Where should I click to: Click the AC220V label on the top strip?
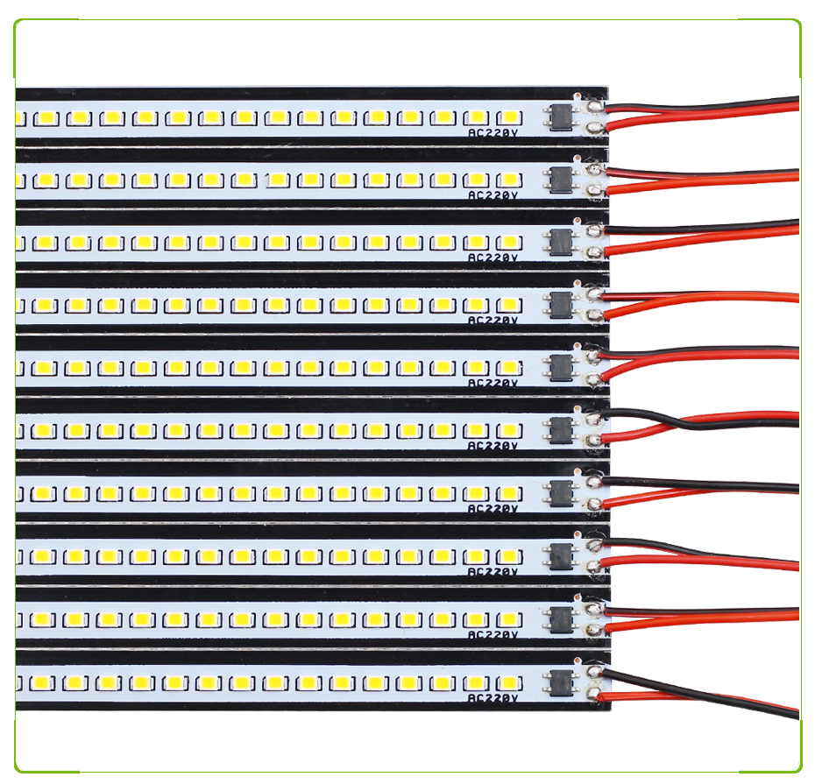pyautogui.click(x=493, y=133)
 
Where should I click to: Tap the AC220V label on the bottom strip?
pyautogui.click(x=493, y=698)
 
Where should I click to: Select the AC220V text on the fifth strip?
pyautogui.click(x=493, y=383)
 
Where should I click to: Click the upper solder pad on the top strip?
pyautogui.click(x=596, y=106)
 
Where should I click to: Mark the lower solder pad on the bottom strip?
pyautogui.click(x=596, y=695)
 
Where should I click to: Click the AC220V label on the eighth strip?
pyautogui.click(x=493, y=572)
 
